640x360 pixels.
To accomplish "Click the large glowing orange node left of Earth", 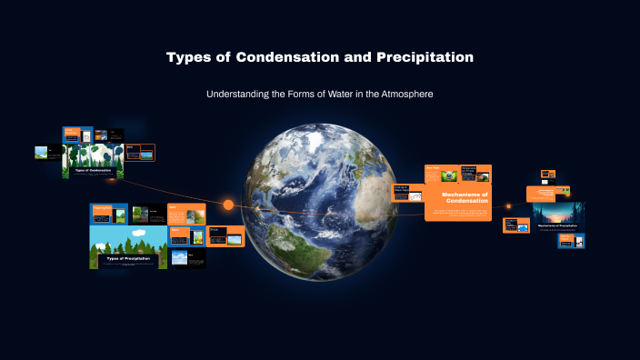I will point(228,205).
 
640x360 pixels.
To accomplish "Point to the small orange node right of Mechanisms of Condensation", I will point(508,206).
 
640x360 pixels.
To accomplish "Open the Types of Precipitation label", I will point(127,258).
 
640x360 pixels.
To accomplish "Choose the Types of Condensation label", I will point(93,170).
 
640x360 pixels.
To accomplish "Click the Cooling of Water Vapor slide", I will point(408,192).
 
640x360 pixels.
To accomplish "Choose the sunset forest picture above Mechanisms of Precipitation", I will point(557,211).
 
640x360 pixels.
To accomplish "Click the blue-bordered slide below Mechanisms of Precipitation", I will point(571,241).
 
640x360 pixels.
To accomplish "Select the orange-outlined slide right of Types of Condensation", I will point(140,152).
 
